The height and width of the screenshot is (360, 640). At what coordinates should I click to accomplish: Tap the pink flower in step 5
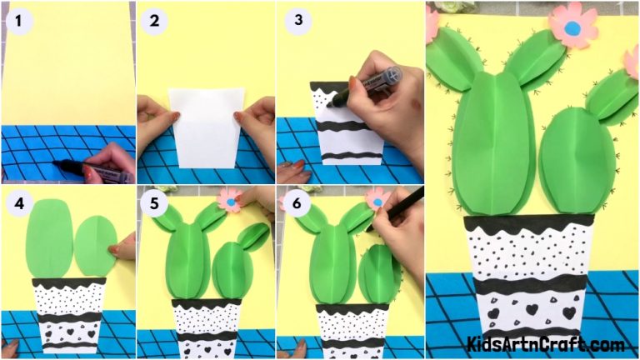tap(229, 199)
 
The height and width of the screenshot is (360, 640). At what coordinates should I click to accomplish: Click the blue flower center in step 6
tap(377, 201)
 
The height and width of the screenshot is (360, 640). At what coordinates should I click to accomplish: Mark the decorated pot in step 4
tap(68, 317)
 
